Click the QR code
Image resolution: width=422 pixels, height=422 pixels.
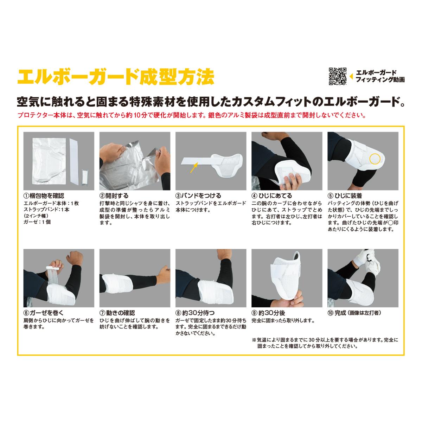pos(338,76)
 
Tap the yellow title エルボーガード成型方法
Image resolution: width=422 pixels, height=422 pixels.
pos(116,77)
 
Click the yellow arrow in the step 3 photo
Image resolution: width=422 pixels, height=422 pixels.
pos(194,167)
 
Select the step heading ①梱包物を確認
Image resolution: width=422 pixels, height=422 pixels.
pos(44,196)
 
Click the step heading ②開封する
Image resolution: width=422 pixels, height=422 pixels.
pos(114,196)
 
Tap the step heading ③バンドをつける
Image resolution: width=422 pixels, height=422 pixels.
pos(198,196)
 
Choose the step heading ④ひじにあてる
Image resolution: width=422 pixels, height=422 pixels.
pos(272,196)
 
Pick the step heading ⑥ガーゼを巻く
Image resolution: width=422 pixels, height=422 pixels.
pos(44,313)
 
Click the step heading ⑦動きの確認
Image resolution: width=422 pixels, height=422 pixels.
pos(117,313)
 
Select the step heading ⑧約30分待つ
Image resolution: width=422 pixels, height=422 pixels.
pos(195,313)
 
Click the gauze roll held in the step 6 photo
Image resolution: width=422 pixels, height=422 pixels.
pos(52,268)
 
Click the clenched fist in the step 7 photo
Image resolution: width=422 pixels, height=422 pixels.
pos(164,275)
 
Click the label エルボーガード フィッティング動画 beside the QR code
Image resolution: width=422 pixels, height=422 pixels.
pos(380,76)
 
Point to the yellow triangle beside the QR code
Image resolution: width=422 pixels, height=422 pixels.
pos(351,76)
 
